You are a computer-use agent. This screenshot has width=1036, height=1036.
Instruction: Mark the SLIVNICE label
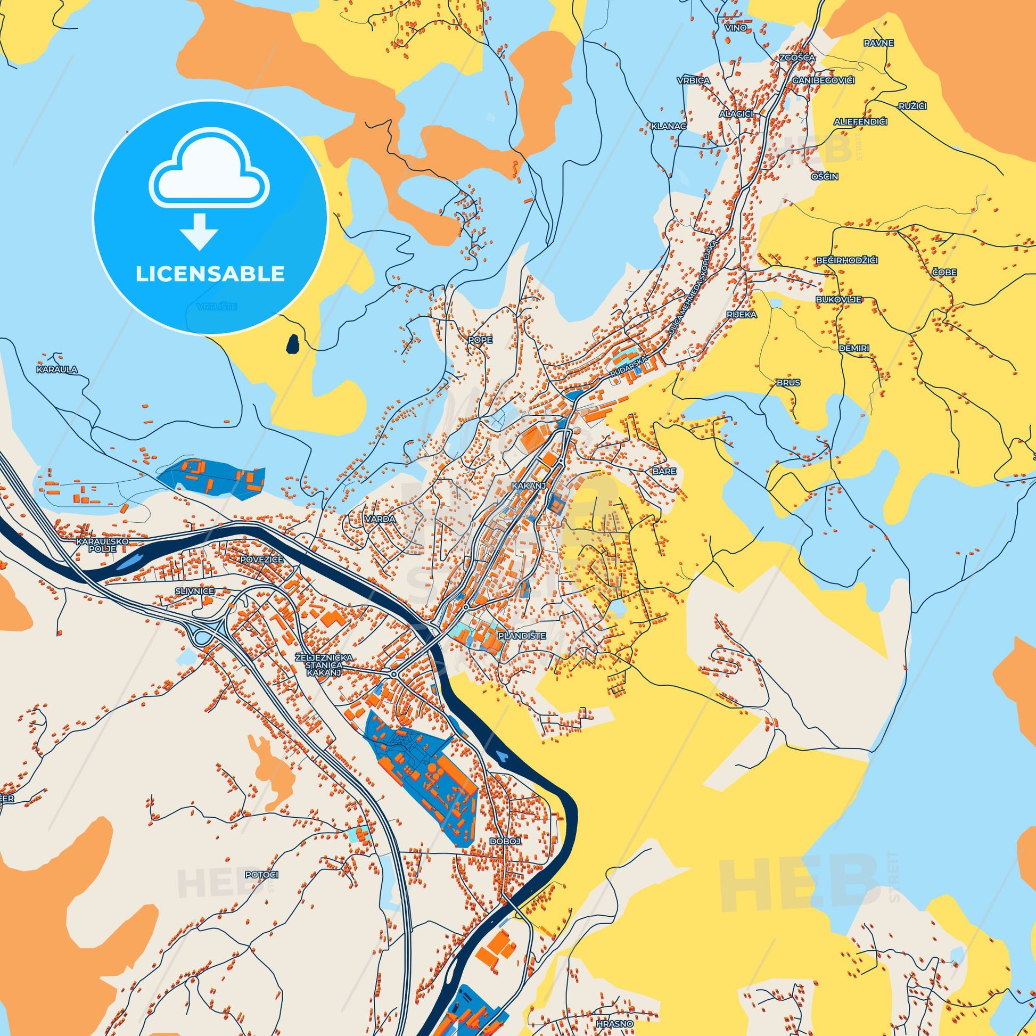tap(194, 591)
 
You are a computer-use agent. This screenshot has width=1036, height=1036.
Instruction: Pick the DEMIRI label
tap(854, 348)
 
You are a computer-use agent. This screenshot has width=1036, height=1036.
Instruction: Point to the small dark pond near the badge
tap(293, 343)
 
